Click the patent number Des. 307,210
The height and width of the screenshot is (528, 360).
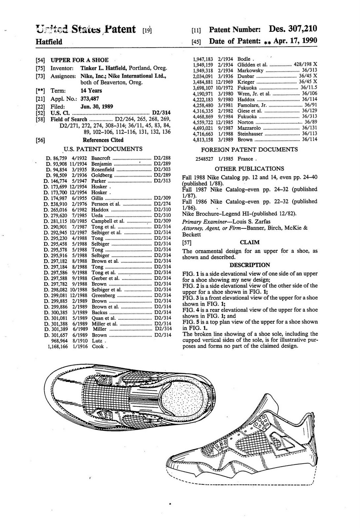tap(293, 29)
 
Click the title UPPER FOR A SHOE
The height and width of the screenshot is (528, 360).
tap(79, 60)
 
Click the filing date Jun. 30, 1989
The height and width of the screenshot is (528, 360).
tap(97, 106)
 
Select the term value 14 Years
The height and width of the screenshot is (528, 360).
tap(91, 90)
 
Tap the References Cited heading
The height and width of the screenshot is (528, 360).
tap(103, 140)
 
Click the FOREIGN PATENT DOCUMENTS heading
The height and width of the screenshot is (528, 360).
tap(249, 149)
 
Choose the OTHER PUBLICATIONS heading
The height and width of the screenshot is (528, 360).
tap(249, 169)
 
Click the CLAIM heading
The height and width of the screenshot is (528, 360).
tap(249, 242)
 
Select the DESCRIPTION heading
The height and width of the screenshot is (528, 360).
tap(249, 265)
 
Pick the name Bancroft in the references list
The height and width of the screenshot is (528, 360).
tap(101, 158)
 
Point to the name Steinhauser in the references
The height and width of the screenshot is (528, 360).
tap(250, 134)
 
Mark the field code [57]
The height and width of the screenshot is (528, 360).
tap(187, 243)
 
